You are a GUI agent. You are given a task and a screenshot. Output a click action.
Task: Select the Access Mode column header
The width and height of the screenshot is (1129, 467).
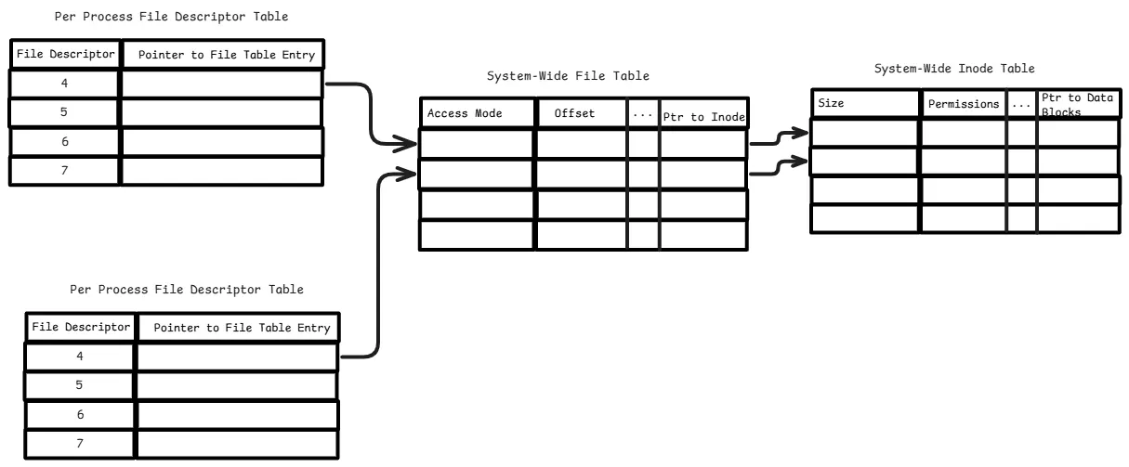pos(465,113)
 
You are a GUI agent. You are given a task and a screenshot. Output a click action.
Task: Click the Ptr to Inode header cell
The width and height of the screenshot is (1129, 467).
pos(702,117)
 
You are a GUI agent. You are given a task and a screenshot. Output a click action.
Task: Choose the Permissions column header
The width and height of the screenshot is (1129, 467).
pos(964,104)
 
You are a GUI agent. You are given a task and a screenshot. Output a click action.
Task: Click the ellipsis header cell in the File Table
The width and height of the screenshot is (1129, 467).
pos(643,113)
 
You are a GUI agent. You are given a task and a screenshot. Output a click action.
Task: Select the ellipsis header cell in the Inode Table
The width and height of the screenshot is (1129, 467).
pos(1021,104)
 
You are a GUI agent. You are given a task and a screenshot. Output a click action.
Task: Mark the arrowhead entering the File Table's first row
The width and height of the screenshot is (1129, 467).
pos(407,144)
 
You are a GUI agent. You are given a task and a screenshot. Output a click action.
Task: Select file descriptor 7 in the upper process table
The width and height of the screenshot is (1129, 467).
pos(64,171)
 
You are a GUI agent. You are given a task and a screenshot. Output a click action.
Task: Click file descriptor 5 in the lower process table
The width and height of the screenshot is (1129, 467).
pos(79,385)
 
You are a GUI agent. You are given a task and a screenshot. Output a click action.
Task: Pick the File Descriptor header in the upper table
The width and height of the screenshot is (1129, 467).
pos(65,55)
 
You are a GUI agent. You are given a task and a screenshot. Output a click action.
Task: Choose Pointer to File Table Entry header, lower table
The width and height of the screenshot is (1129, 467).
pos(237,328)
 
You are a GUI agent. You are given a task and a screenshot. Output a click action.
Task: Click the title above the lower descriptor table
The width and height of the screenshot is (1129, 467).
pos(187,290)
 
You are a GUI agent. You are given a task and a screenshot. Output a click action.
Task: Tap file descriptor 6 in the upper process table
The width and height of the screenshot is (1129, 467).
pos(64,141)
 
